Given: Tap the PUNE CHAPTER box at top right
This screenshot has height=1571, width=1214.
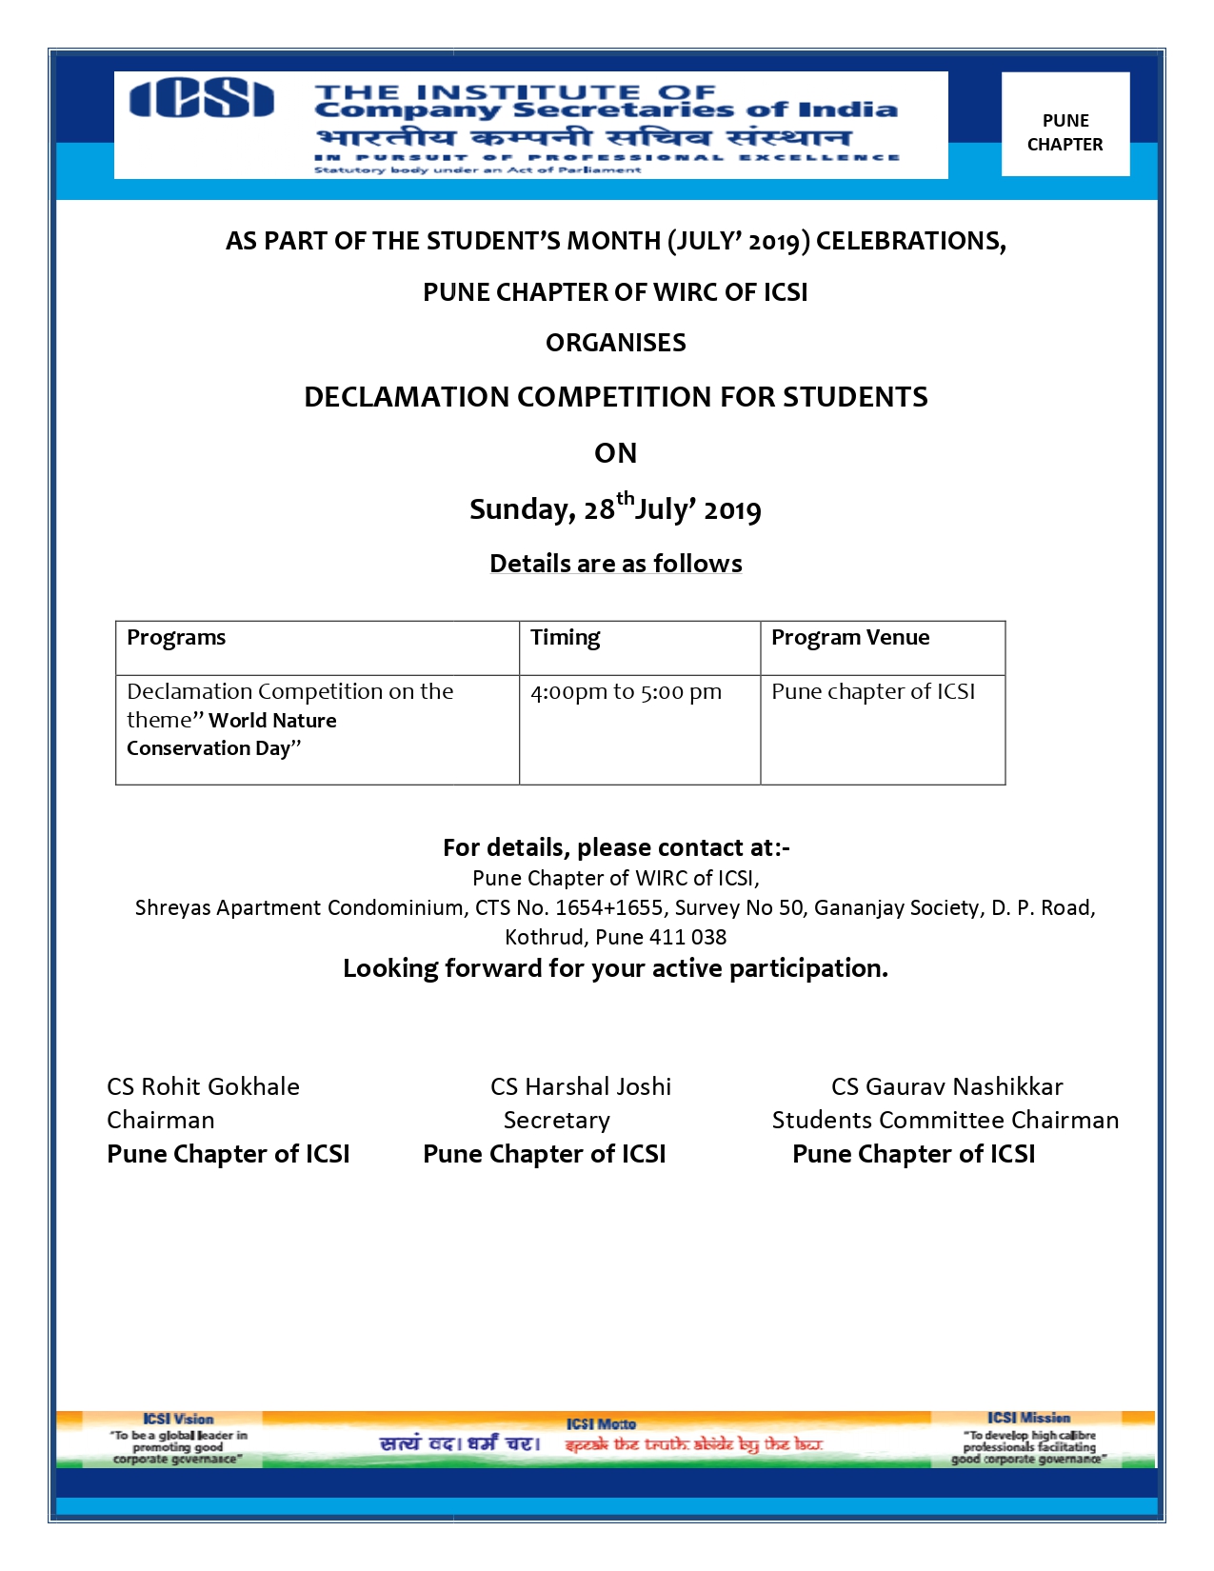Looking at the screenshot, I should click(1065, 132).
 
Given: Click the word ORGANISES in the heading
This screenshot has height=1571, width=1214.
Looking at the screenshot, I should click(615, 343).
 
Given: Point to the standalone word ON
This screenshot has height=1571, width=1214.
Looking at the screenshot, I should click(615, 453).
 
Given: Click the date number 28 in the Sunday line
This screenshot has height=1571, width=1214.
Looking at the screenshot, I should click(599, 510).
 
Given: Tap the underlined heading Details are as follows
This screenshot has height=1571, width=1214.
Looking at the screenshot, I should click(615, 564).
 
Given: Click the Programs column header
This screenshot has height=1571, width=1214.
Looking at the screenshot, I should click(176, 638).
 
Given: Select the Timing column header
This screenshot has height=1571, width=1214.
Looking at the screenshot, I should click(565, 638).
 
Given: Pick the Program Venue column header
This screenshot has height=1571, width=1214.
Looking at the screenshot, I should click(850, 638).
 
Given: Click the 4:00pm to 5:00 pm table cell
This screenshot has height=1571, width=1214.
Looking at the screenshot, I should click(626, 692).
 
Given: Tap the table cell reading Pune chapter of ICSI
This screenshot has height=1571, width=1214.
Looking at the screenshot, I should click(873, 692).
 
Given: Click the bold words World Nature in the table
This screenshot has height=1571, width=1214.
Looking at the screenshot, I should click(272, 721).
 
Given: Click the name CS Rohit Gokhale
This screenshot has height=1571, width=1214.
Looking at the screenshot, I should click(203, 1086).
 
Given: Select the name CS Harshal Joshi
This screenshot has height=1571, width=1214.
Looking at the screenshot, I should click(581, 1086).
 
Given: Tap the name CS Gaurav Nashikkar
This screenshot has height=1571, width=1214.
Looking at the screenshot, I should click(946, 1086).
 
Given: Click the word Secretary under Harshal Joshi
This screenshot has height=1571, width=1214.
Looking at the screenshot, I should click(556, 1120).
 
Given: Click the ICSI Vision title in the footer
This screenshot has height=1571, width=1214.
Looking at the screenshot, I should click(178, 1419).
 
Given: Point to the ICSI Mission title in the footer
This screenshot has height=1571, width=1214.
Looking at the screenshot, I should click(1028, 1418).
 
